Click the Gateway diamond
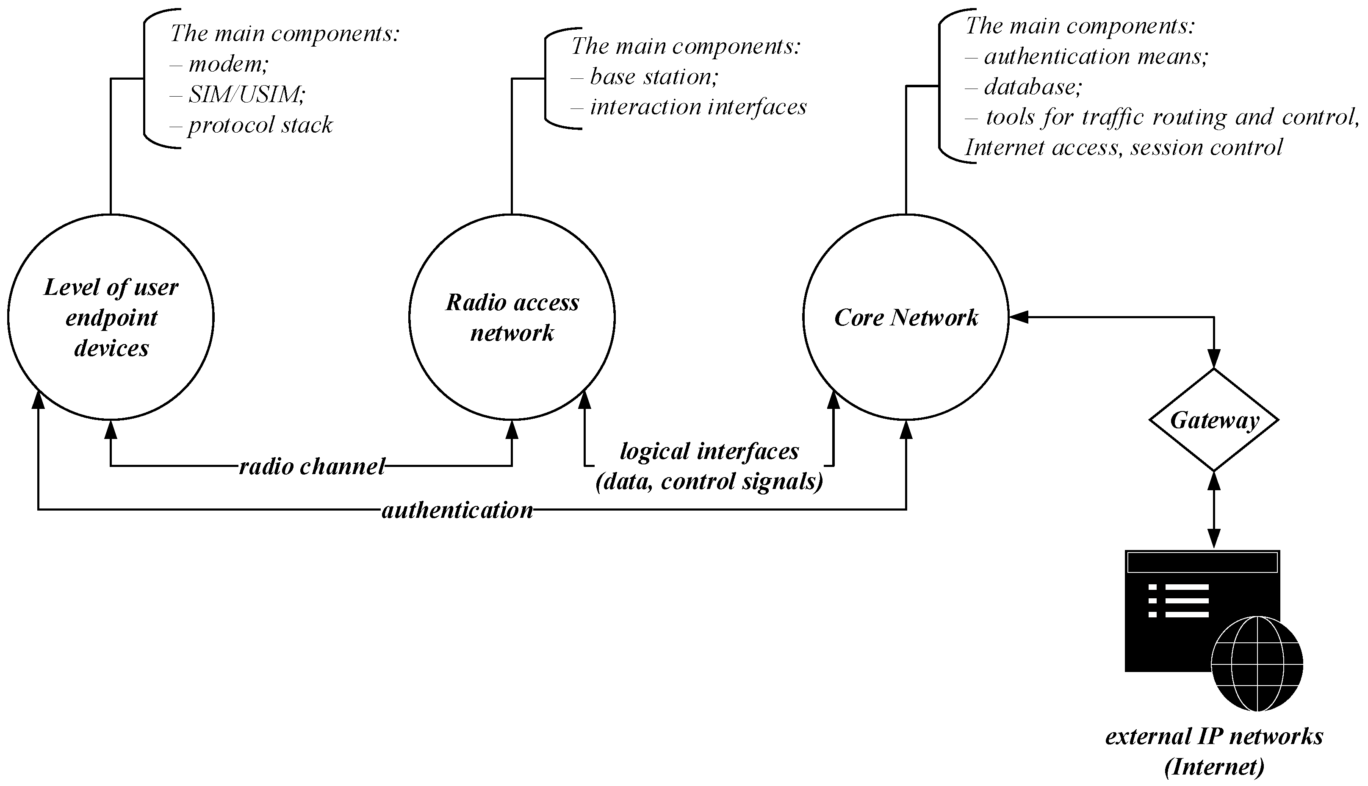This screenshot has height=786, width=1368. tap(1214, 420)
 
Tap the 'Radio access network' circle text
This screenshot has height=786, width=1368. tap(512, 317)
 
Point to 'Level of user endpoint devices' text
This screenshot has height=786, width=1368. tap(111, 317)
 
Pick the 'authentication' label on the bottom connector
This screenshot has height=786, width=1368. tap(457, 510)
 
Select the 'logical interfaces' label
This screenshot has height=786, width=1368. tap(709, 451)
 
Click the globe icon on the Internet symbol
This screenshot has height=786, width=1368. tap(1257, 665)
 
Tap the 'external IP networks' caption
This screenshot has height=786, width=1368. tap(1214, 736)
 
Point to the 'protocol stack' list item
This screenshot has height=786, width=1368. tap(260, 125)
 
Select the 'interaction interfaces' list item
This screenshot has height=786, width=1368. tap(698, 107)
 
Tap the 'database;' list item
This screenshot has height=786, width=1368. tap(1033, 87)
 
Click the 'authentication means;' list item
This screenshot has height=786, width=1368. tap(1095, 56)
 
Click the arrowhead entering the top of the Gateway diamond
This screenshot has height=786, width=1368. tap(1214, 358)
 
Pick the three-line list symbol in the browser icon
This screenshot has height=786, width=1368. tap(1179, 600)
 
